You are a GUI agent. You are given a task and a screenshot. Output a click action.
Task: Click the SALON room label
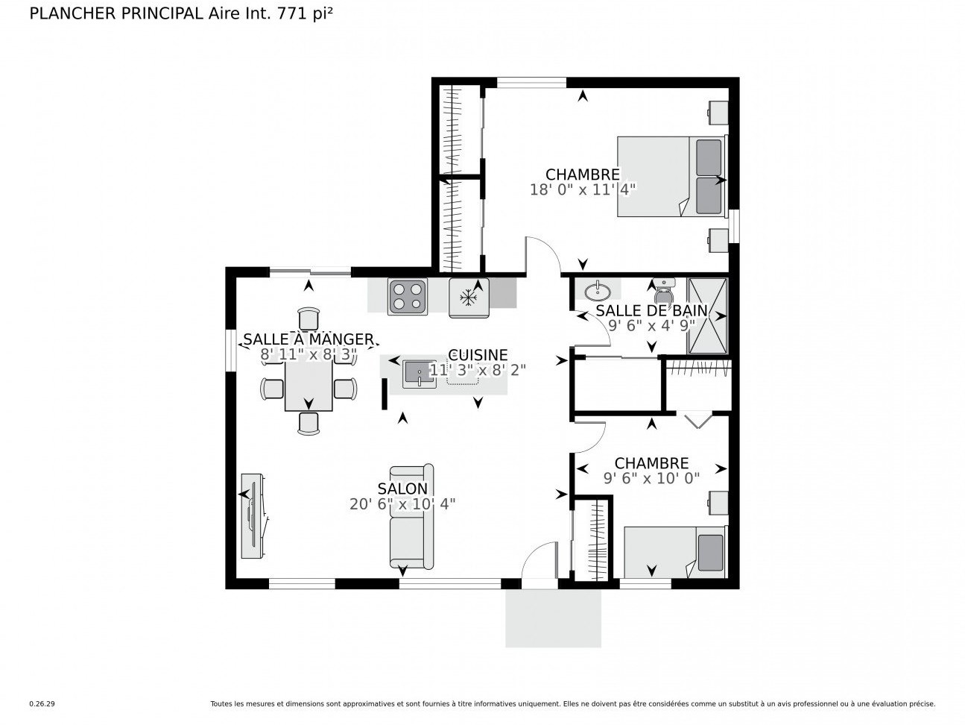[x=402, y=489]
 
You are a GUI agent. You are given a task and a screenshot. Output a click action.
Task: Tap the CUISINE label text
[x=478, y=354]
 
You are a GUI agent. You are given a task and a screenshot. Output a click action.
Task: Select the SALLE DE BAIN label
[x=651, y=310]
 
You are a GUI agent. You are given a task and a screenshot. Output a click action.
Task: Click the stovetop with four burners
[x=408, y=297]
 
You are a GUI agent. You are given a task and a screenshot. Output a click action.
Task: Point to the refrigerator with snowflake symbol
[x=469, y=298]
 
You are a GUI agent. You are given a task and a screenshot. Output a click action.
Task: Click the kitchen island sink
[x=420, y=374]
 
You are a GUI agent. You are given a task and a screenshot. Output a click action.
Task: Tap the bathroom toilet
[x=663, y=289]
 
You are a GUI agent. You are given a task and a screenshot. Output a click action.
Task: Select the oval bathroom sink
[x=598, y=290]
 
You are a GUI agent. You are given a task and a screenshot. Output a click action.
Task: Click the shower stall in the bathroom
[x=707, y=316]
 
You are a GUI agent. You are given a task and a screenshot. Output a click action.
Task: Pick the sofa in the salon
[x=411, y=516]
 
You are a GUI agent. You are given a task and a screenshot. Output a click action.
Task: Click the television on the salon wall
[x=253, y=516]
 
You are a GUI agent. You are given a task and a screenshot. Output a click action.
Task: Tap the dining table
[x=309, y=386]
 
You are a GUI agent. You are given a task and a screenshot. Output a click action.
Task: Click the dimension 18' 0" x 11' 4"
[x=583, y=189]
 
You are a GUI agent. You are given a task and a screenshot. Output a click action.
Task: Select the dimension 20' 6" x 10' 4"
[x=402, y=503]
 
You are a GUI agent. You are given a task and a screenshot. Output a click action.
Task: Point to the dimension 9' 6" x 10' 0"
[x=651, y=478]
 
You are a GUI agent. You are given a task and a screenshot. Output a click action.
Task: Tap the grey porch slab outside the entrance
[x=553, y=618]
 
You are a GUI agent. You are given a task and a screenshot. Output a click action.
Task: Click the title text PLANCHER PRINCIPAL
[x=116, y=13]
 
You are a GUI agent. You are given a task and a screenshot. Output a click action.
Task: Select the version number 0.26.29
[x=42, y=704]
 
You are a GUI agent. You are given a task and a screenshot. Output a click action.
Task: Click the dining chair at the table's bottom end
[x=309, y=424]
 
